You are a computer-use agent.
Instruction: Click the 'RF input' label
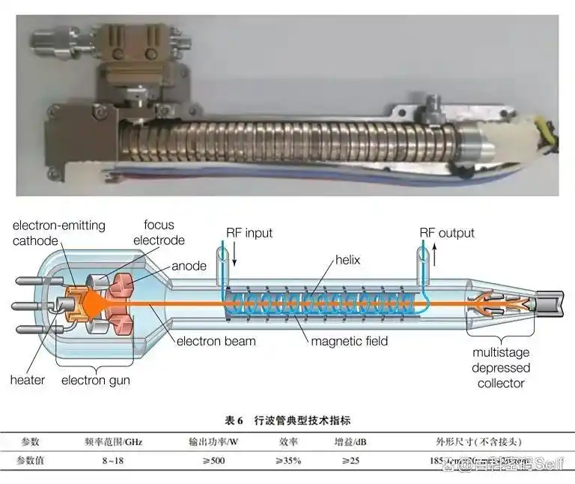click(x=251, y=233)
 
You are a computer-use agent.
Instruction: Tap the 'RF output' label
click(x=447, y=233)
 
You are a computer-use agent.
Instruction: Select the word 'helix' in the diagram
click(x=347, y=260)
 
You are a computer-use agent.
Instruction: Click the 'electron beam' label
click(x=216, y=342)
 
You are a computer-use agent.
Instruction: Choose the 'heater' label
click(x=28, y=379)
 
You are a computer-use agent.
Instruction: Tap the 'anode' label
click(x=189, y=266)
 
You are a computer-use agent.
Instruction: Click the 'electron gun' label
click(x=95, y=380)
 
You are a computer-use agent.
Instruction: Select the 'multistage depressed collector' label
click(x=501, y=367)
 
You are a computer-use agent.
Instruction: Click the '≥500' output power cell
click(x=207, y=461)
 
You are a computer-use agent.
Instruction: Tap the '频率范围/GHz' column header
click(x=115, y=442)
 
